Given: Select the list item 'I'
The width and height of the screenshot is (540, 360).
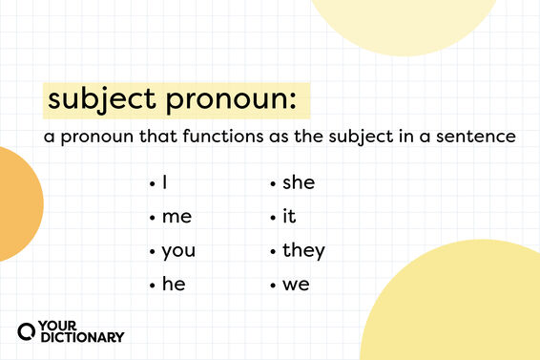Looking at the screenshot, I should tap(165, 182).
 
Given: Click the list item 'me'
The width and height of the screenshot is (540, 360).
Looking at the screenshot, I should tap(177, 217).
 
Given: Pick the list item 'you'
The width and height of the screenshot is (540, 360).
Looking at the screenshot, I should tap(178, 251).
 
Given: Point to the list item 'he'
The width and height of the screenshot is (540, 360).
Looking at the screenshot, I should tap(173, 285).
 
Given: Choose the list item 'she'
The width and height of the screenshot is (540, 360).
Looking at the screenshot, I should tap(298, 182).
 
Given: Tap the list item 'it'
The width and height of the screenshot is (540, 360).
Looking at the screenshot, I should tap(289, 217).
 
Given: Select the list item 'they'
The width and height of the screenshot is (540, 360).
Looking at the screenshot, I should tap(303, 251).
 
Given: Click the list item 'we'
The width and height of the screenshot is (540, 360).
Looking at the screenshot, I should tap(296, 285).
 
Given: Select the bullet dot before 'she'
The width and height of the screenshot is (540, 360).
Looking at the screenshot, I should tap(274, 183).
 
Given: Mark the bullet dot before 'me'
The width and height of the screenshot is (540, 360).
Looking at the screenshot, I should tap(153, 218).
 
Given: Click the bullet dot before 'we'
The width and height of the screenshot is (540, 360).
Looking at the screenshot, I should tap(274, 286).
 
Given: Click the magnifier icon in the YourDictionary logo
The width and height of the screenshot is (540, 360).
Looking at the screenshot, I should tap(28, 330).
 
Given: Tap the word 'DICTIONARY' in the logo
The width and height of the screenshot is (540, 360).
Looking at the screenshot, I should tap(81, 337).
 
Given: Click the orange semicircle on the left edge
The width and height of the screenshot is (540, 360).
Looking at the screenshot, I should tap(17, 203).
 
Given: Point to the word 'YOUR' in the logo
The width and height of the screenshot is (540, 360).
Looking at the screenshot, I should tap(60, 325).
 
